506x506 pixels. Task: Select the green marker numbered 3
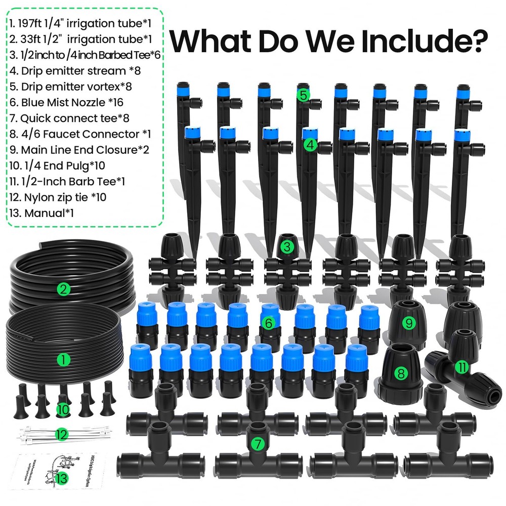pos(287,247)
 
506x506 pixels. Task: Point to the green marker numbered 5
pos(303,95)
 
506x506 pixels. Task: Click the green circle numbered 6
pos(269,322)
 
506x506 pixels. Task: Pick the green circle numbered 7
pos(258,444)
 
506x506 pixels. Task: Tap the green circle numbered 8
pos(401,373)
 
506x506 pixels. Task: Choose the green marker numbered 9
pos(408,322)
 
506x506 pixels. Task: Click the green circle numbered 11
pos(461,367)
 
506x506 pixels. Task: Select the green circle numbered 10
pos(62,408)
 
